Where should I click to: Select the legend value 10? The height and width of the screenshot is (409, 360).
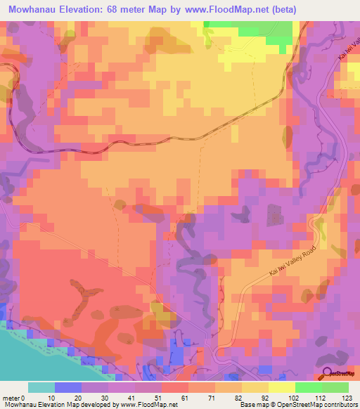(52, 398)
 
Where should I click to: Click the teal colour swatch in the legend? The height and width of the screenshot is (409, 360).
(41, 387)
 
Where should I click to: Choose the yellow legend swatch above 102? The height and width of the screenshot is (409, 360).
(281, 387)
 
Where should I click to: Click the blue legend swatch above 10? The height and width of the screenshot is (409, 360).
(67, 387)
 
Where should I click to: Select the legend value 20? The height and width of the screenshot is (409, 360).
(79, 398)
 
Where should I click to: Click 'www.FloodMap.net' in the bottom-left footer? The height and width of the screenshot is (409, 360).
(148, 405)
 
